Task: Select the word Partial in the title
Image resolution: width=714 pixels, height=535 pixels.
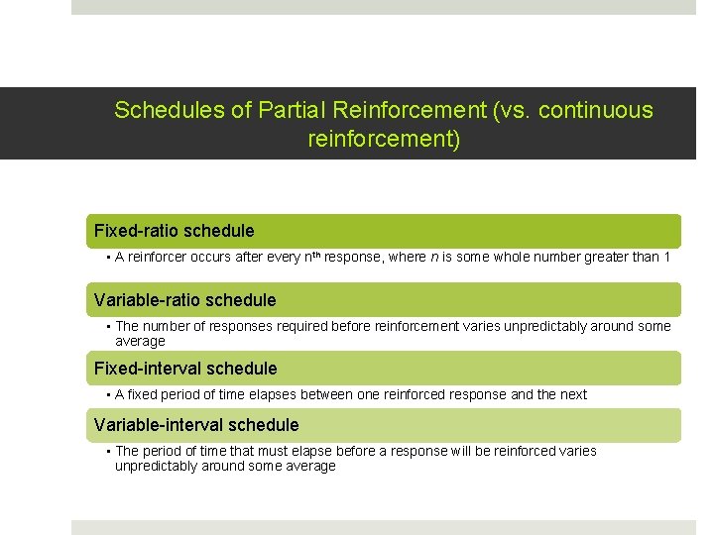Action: point(292,110)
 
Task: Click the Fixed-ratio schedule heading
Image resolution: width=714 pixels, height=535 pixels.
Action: point(174,231)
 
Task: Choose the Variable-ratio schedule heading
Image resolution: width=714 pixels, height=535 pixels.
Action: point(184,299)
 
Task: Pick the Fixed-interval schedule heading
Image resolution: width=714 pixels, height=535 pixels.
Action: point(185,369)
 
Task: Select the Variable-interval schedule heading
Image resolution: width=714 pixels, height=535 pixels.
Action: point(195,425)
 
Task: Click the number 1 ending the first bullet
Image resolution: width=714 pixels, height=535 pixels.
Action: point(667,258)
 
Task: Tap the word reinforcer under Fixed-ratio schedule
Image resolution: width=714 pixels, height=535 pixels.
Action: point(159,258)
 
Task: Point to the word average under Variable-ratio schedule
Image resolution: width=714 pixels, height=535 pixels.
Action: point(140,341)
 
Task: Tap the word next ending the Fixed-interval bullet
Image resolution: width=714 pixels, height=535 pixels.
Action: point(573,394)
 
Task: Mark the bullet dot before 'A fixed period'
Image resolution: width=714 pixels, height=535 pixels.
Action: point(107,394)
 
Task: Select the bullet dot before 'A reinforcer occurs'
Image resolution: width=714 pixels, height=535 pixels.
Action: point(107,258)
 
